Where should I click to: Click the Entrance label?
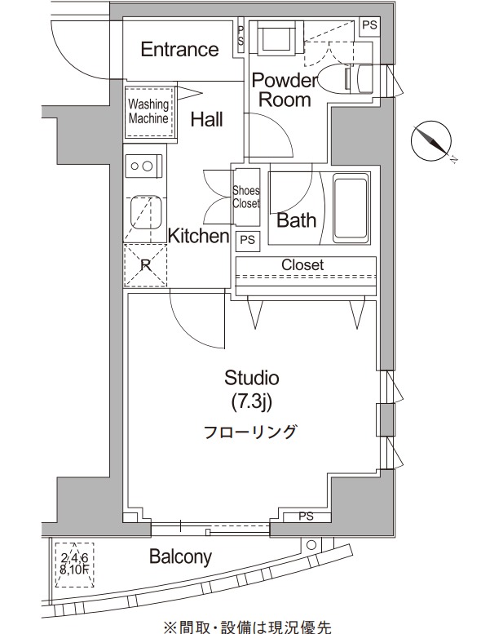pos(179,50)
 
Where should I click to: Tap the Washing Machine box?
pos(148,112)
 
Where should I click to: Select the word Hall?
pos(207,120)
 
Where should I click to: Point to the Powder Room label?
pos(282,91)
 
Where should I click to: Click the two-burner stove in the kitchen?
pos(143,166)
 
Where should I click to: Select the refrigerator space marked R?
pos(145,264)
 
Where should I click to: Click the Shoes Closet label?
pos(246,197)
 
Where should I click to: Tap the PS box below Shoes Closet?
pos(247,240)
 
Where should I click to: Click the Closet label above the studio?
pos(302,265)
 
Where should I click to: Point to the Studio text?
pos(252,378)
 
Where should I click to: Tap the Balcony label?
pos(180,558)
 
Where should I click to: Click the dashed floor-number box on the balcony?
pos(73,561)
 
